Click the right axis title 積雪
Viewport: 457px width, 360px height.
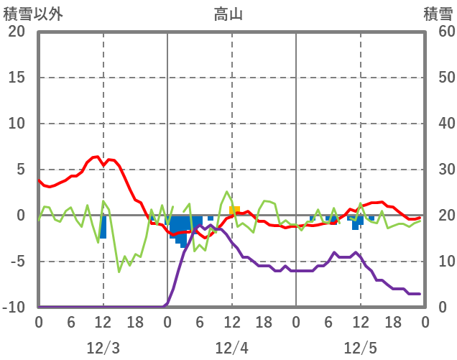438,13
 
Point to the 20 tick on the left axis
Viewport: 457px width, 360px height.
16,32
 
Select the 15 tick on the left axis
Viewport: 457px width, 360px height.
16,78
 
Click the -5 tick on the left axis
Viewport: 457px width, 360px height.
16,262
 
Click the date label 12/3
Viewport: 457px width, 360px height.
103,348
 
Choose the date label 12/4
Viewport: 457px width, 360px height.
231,348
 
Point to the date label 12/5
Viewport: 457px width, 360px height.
360,348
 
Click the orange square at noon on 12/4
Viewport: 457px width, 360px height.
234,211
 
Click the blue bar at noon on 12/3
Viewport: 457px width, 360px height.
103,227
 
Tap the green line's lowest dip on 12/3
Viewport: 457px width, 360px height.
119,272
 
